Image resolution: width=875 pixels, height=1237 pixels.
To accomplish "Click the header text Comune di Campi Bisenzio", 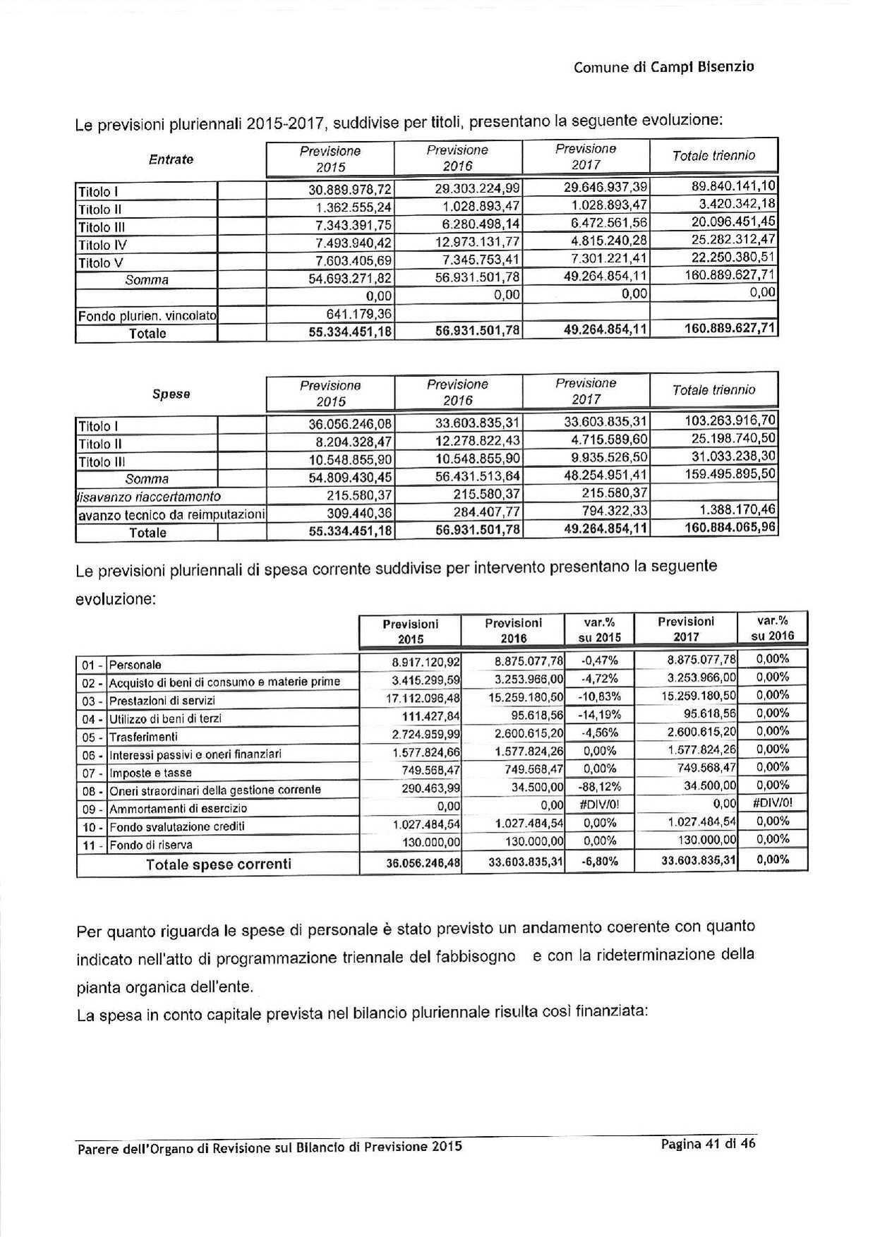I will (663, 68).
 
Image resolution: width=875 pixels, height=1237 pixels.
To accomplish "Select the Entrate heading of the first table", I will (171, 159).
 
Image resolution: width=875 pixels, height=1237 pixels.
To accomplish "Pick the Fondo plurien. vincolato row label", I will (147, 315).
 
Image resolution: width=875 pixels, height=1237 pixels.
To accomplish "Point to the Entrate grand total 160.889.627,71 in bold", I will (730, 329).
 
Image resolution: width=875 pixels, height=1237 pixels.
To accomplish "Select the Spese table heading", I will (171, 394).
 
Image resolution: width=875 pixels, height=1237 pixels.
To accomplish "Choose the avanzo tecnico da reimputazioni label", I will (171, 514).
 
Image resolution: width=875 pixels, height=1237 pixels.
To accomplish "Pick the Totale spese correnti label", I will (218, 864).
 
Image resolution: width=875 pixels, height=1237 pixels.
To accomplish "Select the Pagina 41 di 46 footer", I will (708, 1145).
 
